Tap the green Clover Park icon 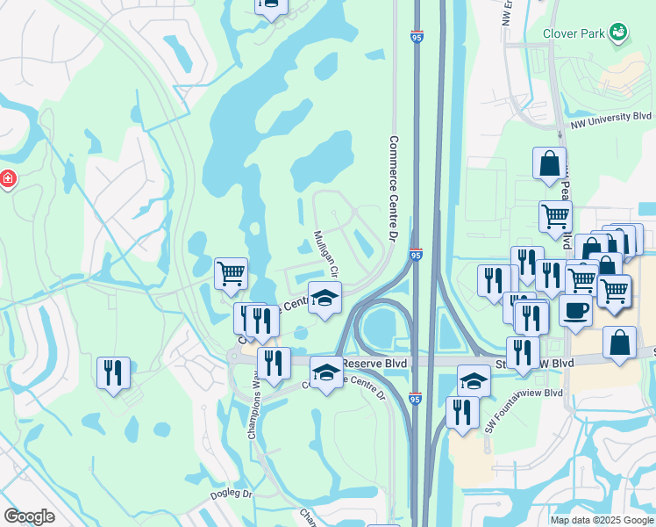[618, 32]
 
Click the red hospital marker [8, 180]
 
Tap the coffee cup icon [575, 311]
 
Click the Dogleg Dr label [232, 495]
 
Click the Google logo [29, 516]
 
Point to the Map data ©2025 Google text [601, 520]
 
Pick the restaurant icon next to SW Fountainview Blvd [461, 411]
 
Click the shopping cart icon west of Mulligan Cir [231, 272]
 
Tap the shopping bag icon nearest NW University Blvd [549, 162]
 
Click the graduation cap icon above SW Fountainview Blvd [474, 379]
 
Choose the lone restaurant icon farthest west [114, 372]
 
